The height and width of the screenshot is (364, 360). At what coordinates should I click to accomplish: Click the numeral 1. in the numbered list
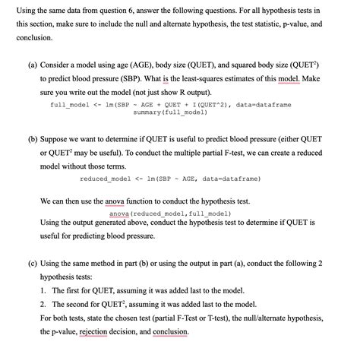tap(43, 290)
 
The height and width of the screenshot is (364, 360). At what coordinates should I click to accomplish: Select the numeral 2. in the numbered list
tap(43, 304)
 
